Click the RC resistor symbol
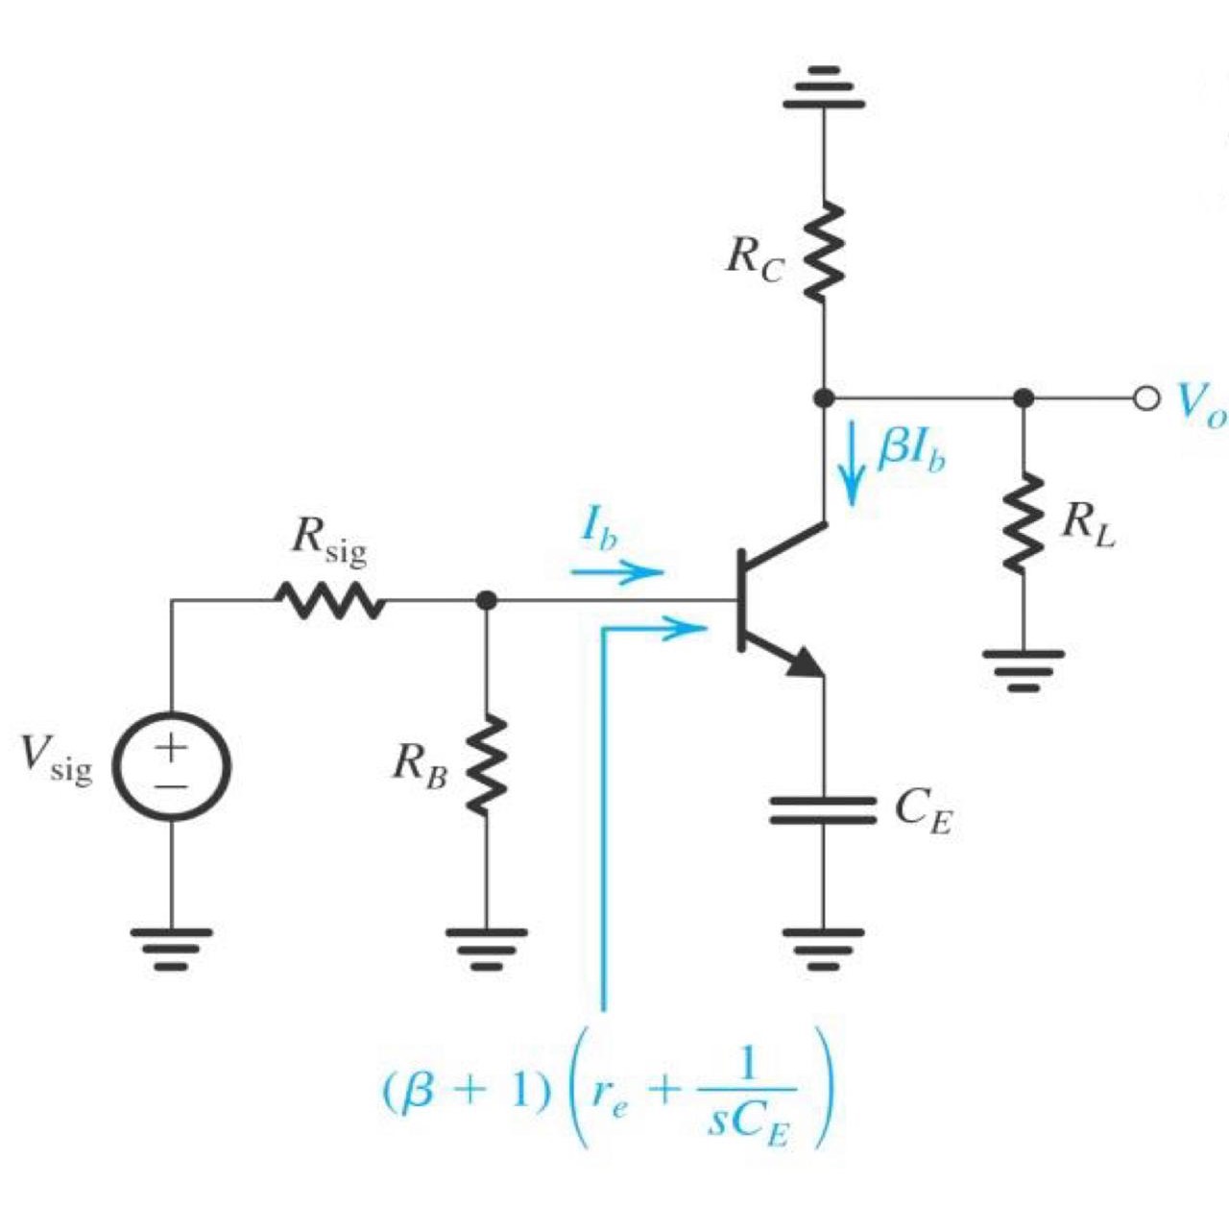(823, 252)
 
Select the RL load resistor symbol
(1024, 523)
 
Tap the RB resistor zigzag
(486, 765)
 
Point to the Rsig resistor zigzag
(329, 602)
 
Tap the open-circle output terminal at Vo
(1145, 398)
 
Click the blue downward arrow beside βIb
(851, 472)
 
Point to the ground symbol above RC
(823, 86)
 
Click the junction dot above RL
(1024, 398)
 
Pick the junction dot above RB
(486, 601)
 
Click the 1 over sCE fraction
(747, 1094)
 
